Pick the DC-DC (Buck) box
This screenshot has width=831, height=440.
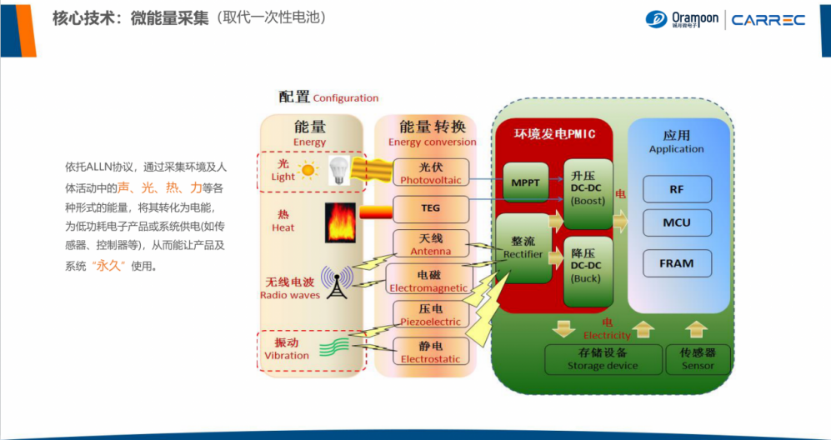tap(587, 271)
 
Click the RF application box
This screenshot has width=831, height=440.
tap(677, 189)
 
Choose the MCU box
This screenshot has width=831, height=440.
tap(677, 223)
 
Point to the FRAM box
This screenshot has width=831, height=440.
tap(677, 263)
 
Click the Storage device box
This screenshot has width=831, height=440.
tap(603, 359)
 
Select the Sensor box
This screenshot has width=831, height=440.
tap(698, 359)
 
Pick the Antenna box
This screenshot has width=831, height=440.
tap(430, 244)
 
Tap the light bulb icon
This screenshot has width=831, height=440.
tap(337, 170)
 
